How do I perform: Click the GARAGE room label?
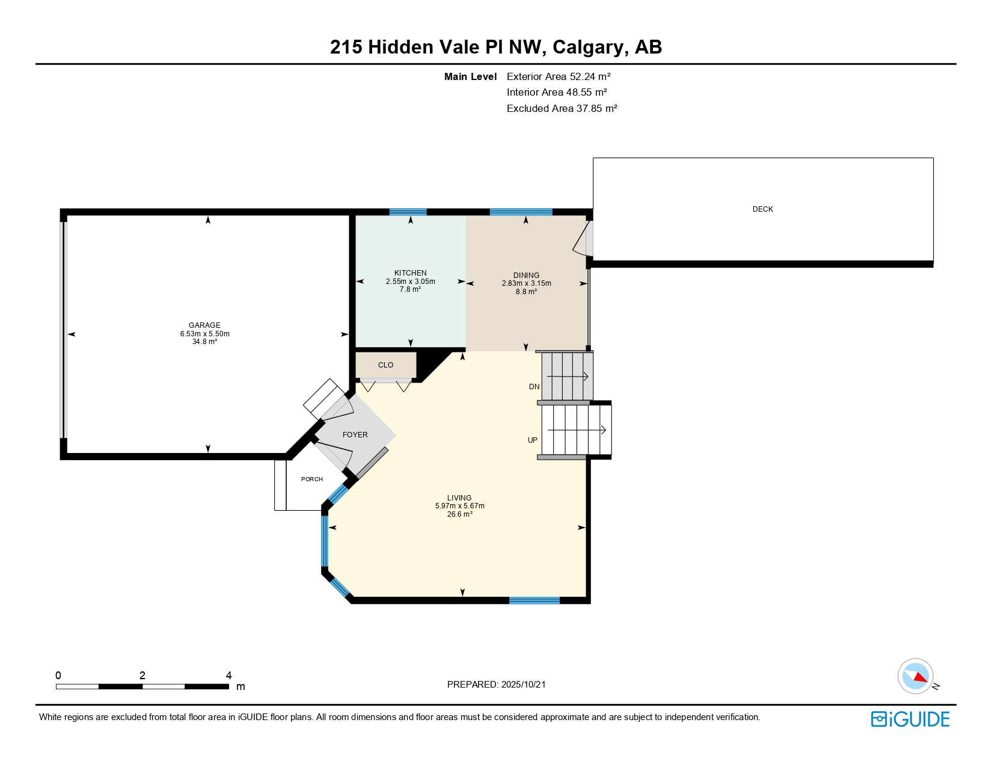(x=204, y=325)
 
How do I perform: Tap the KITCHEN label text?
(x=411, y=273)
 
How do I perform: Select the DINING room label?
(x=526, y=275)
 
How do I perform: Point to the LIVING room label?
(x=459, y=498)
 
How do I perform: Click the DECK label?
(x=763, y=209)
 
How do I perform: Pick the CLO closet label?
(x=386, y=365)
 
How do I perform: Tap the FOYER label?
(x=355, y=435)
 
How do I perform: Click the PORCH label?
(x=312, y=479)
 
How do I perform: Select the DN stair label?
(x=534, y=386)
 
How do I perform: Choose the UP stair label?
(x=533, y=440)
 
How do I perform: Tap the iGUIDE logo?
(x=910, y=719)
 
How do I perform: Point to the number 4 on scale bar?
(x=228, y=675)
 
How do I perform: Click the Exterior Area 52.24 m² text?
(x=559, y=76)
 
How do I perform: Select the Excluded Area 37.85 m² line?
(x=562, y=108)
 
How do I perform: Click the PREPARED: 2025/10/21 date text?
(x=496, y=685)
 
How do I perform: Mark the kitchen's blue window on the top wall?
(x=408, y=212)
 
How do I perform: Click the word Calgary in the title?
(x=588, y=48)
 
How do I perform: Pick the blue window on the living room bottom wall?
(x=534, y=601)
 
